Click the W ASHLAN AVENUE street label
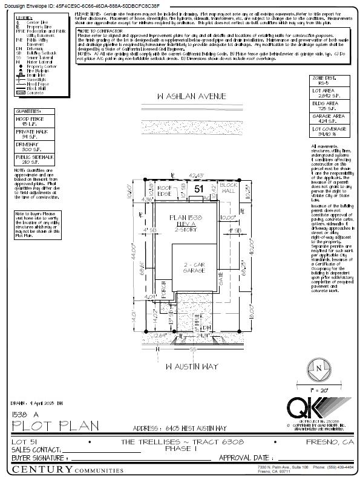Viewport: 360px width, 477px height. [x=183, y=96]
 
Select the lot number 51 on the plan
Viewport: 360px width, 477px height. [x=198, y=189]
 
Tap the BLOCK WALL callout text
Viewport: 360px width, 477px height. [x=228, y=187]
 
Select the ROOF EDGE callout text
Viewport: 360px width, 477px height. [x=165, y=190]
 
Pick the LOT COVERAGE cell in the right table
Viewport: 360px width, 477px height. [x=330, y=131]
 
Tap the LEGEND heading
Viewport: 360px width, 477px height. [x=25, y=18]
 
